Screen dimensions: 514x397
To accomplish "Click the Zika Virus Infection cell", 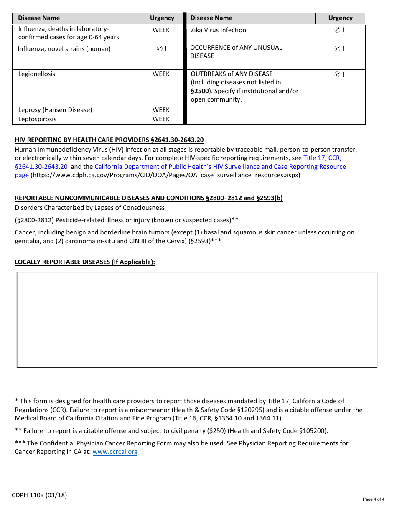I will tap(218, 30).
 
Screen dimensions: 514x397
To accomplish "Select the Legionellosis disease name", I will tap(37, 74).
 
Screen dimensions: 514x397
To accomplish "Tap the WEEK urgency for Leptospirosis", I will tap(161, 119).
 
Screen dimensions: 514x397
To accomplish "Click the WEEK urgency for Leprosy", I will tap(161, 110).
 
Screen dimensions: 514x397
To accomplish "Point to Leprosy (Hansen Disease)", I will tap(55, 110).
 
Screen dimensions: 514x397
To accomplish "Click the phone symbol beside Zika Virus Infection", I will tap(337, 30).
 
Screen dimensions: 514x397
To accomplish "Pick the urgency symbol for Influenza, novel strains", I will tap(159, 49).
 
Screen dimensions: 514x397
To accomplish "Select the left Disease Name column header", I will tap(39, 18).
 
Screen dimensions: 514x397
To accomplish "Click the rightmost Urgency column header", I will tap(340, 18).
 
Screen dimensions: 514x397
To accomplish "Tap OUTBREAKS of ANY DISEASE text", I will tap(232, 74).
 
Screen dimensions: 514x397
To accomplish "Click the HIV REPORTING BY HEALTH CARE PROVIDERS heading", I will tap(109, 140).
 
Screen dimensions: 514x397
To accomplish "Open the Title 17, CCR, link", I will tap(322, 158).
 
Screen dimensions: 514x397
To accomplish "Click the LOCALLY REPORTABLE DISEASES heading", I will tap(85, 262).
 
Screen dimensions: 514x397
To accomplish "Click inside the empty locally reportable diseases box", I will tap(196, 320).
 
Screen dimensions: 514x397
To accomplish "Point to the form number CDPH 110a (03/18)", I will tap(39, 495).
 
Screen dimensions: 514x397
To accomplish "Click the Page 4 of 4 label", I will tap(373, 499).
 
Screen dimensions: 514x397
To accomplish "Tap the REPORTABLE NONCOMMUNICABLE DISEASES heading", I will tap(149, 198).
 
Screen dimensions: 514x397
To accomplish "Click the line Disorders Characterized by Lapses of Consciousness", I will tap(90, 208).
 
